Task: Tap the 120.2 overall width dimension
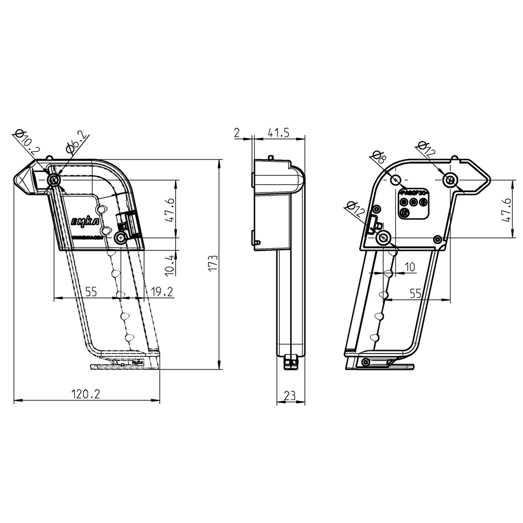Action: tap(85, 394)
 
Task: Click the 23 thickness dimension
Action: tap(290, 395)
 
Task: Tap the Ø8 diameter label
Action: tap(378, 157)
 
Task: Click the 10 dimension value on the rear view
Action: tap(410, 267)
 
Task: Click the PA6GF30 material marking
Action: tap(414, 193)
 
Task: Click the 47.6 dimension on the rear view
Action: tap(506, 209)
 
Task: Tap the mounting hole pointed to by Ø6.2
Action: tap(54, 180)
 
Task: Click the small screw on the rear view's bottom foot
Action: tap(365, 362)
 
